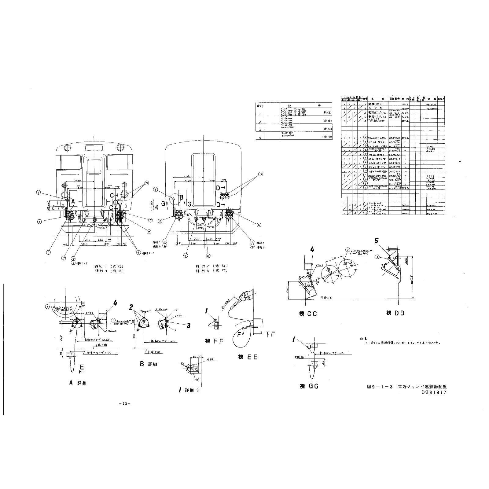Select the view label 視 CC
[x=308, y=314]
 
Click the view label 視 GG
[x=309, y=386]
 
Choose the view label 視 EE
[x=247, y=357]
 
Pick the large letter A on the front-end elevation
[x=73, y=201]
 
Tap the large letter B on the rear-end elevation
[x=181, y=198]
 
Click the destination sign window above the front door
[x=94, y=148]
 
